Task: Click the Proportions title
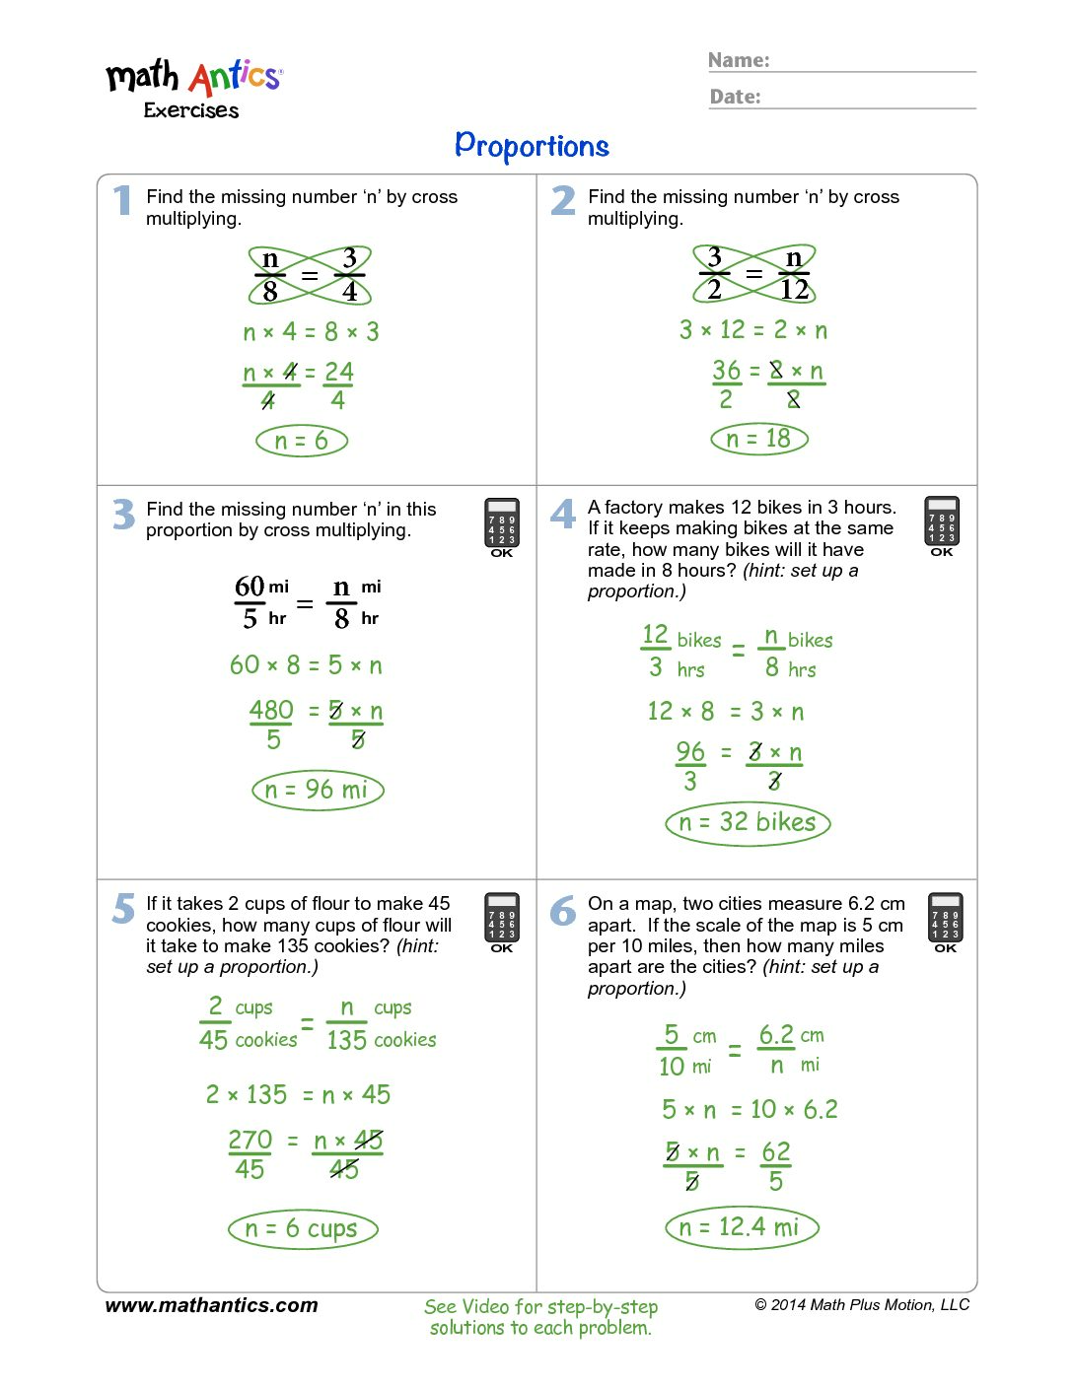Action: [532, 146]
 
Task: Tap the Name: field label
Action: [739, 60]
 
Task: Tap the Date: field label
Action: [735, 97]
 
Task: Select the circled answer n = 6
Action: [302, 441]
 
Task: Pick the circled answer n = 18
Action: [758, 439]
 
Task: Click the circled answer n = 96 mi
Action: [317, 790]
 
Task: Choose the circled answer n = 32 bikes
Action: [748, 822]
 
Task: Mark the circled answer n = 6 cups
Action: [303, 1228]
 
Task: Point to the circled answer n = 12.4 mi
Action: [742, 1227]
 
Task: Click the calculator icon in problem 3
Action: [501, 525]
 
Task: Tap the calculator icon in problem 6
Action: [945, 920]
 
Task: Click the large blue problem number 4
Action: [563, 514]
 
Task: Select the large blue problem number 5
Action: [123, 909]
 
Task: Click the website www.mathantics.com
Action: [211, 1305]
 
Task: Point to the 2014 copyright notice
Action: [862, 1305]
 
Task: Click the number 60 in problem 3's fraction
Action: [250, 587]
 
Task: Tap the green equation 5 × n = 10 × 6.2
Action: [750, 1110]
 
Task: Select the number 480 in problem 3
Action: [271, 710]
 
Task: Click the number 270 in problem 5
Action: [250, 1140]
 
